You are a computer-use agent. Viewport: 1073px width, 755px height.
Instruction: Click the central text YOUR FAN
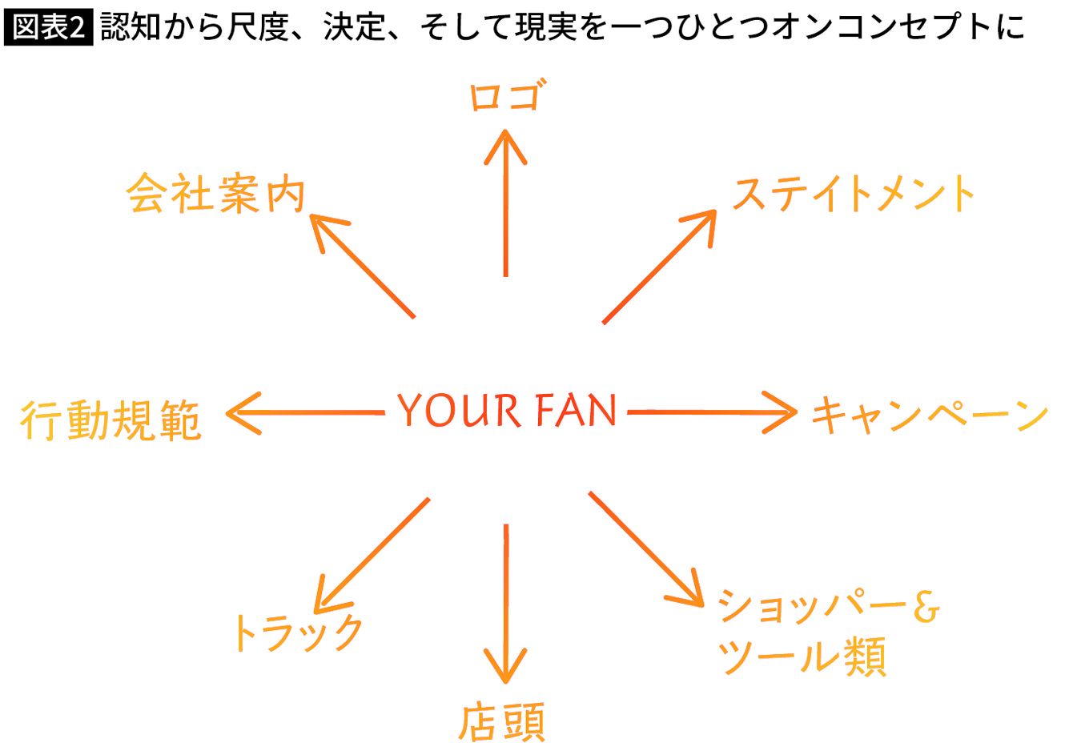[507, 411]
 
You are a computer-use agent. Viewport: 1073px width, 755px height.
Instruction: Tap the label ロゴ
[505, 97]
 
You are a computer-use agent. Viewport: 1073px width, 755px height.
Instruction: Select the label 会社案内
[216, 194]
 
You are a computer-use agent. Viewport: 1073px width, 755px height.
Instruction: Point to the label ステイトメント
[853, 195]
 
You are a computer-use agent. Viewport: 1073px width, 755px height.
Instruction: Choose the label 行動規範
[111, 420]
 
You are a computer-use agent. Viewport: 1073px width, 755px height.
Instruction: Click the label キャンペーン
[930, 416]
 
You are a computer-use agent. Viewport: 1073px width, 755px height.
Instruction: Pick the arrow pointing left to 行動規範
[304, 413]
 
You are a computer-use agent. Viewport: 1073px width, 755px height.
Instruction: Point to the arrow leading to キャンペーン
[713, 412]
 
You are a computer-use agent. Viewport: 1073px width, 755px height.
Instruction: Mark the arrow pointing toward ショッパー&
[645, 548]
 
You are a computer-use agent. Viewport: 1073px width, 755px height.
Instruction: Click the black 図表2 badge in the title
[48, 26]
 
